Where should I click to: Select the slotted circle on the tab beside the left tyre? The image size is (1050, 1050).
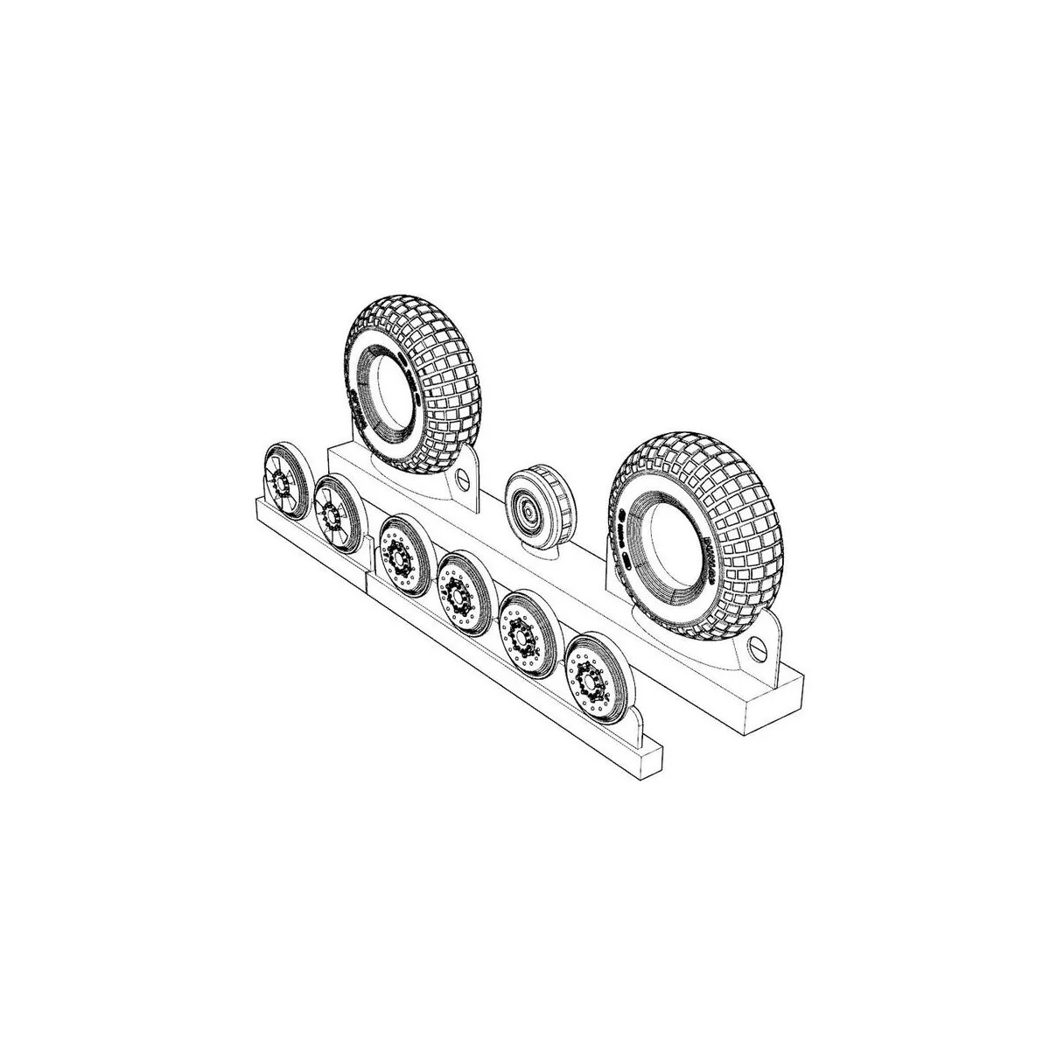click(461, 478)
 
